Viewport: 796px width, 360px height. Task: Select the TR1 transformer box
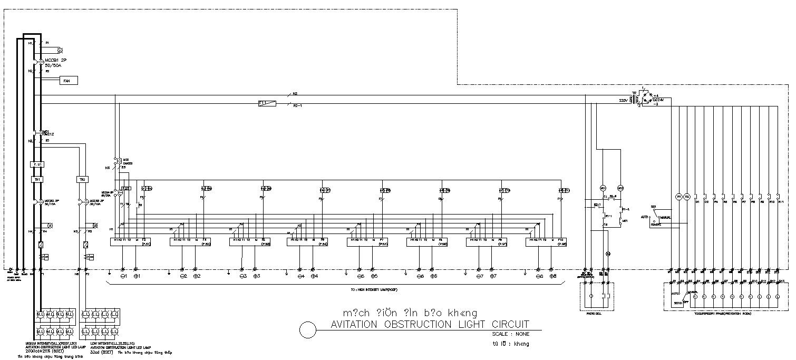37,179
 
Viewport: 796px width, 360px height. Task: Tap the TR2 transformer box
82,179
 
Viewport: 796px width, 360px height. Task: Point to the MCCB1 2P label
56,61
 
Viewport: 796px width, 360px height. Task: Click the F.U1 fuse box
37,164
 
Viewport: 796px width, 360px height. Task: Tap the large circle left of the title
307,329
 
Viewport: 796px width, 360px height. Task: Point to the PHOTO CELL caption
594,313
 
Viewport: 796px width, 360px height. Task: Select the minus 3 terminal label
244,276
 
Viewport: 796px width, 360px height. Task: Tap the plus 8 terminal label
552,276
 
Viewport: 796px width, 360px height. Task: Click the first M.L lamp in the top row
40,315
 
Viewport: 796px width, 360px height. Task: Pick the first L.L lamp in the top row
85,315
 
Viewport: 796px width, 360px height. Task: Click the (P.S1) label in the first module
147,244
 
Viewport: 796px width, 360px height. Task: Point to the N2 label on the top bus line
295,93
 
